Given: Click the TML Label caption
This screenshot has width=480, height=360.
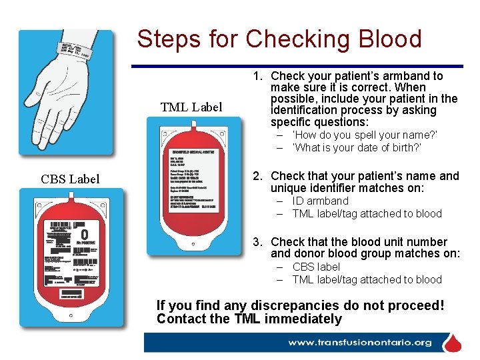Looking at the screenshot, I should (191, 107).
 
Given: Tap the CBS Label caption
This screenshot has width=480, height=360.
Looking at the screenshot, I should (70, 179).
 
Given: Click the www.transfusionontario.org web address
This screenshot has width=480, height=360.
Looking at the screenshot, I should (359, 343).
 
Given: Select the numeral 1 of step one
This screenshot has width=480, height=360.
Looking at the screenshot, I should (257, 76).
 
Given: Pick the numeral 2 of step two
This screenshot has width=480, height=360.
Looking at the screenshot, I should (257, 176).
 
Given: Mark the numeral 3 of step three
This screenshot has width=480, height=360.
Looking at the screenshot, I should (257, 242).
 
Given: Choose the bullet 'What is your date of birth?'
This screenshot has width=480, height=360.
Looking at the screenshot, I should (357, 147).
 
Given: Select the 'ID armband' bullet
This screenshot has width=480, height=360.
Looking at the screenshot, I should (320, 201).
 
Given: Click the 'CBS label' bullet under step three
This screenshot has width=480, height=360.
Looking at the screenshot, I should (316, 267).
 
